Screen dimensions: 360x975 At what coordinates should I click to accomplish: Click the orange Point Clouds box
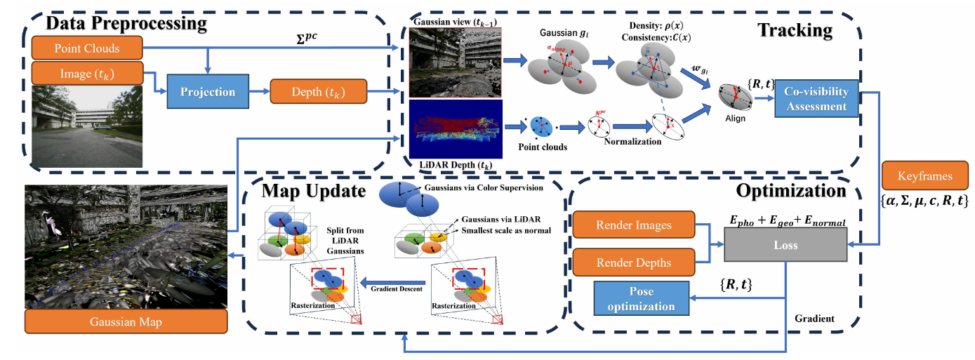[88, 48]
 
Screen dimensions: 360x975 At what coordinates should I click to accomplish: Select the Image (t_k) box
[88, 73]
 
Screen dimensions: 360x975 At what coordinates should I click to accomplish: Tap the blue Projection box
[208, 92]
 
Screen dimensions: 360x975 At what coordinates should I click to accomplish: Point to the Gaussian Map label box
[126, 322]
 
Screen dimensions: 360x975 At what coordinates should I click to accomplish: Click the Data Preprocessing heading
[126, 23]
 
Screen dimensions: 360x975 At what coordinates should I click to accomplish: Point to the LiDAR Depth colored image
[456, 129]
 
